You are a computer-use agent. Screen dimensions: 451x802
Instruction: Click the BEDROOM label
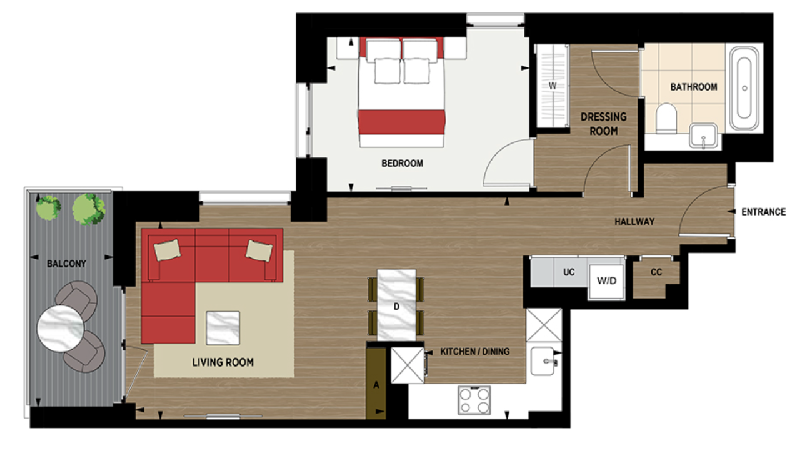[x=402, y=164]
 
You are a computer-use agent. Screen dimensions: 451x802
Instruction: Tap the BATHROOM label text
[x=693, y=87]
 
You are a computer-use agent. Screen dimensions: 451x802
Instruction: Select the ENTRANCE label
[x=763, y=212]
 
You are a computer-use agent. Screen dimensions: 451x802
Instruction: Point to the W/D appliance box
[x=606, y=280]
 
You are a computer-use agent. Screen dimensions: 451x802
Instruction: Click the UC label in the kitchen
[x=568, y=273]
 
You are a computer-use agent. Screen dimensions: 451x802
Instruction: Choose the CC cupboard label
[x=656, y=273]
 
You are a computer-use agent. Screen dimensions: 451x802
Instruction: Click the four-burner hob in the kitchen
[x=474, y=400]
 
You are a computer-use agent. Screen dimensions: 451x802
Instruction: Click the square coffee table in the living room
[x=223, y=327]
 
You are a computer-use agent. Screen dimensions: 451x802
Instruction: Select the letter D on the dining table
[x=396, y=306]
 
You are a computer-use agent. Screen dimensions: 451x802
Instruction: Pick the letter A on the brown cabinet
[x=376, y=385]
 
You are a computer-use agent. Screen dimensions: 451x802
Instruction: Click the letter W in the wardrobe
[x=552, y=86]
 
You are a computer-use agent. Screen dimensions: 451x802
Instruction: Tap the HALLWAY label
[x=634, y=222]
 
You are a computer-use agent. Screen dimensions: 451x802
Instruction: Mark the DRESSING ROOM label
[x=603, y=124]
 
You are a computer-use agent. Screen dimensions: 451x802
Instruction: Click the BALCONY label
[x=66, y=264]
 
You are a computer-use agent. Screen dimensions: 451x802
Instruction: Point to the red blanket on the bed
[x=402, y=122]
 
